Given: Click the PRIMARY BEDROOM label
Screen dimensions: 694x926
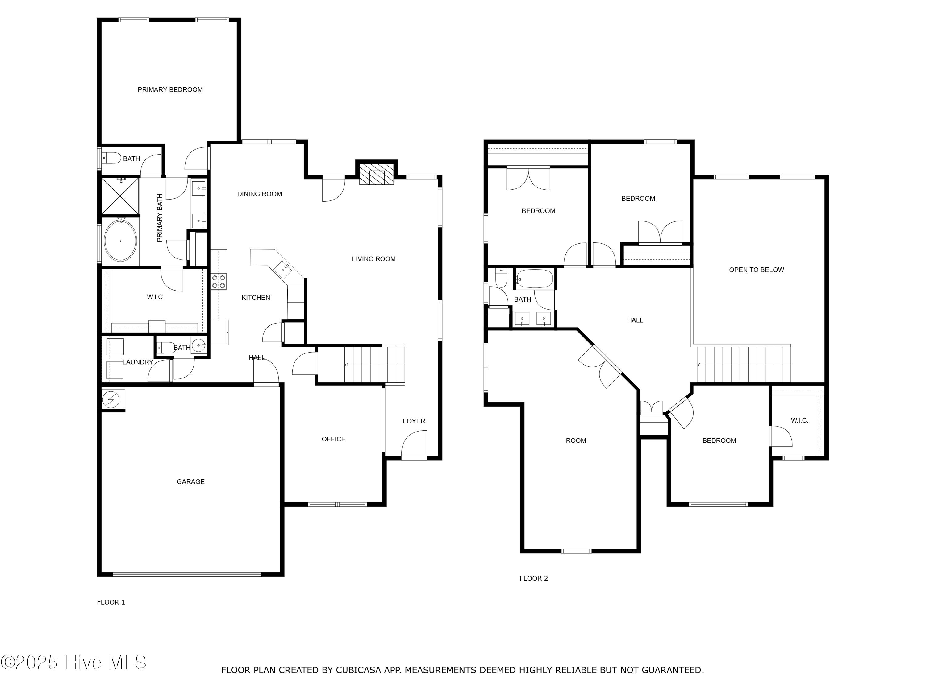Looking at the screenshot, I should pos(170,89).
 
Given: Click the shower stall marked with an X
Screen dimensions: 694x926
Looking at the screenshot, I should pos(120,196).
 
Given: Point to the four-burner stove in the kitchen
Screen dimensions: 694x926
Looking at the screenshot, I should pos(219,281).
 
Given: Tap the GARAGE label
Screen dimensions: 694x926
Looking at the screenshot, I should pos(190,481).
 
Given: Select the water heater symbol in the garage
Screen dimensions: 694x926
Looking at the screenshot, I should pos(111,399).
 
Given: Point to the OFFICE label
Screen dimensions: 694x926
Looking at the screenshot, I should pos(333,439).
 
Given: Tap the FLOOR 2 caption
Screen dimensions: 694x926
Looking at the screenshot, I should pos(533,579).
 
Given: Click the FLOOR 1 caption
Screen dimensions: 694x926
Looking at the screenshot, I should pos(111,602).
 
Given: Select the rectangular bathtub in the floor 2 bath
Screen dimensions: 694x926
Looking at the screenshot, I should pos(534,279).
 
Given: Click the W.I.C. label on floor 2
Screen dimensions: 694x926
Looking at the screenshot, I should pos(799,420).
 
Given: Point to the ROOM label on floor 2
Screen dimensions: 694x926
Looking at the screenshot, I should pos(576,440).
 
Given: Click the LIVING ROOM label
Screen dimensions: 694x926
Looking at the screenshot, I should pos(373,259).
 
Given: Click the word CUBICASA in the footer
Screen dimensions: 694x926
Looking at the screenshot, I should pos(358,670).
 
